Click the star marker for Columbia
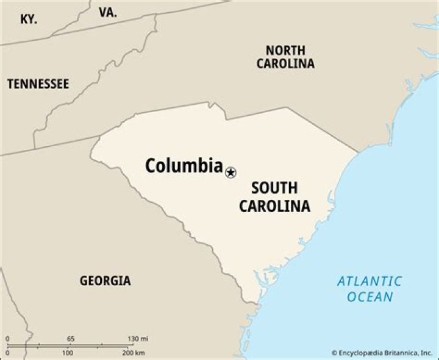[x=230, y=172]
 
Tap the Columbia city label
[x=184, y=165]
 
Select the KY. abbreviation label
[x=28, y=19]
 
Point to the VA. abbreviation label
[x=108, y=12]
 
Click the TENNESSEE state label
[x=38, y=84]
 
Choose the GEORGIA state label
[x=105, y=281]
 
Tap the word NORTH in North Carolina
[x=285, y=50]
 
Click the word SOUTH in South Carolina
[x=274, y=188]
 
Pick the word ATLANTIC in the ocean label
[x=369, y=281]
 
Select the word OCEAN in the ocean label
[x=370, y=297]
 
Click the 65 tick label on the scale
[x=71, y=339]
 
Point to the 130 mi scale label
[x=138, y=339]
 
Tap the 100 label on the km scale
[x=68, y=353]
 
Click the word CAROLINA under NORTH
[x=285, y=63]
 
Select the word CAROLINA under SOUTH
[x=274, y=206]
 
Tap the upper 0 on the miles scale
[x=7, y=339]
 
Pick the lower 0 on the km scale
[x=7, y=353]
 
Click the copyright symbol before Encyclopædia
[x=335, y=353]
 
